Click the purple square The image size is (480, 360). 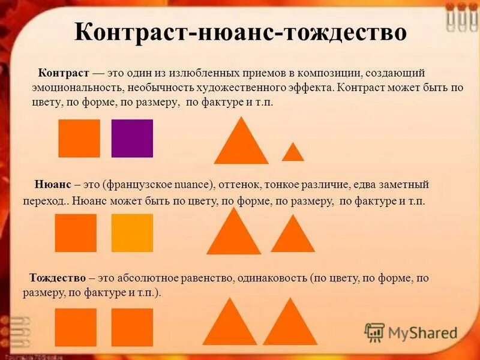132,139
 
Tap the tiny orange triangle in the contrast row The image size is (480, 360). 293,153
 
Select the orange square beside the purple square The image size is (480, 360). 79,139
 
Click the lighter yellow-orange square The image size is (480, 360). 132,233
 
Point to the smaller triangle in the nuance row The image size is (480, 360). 293,236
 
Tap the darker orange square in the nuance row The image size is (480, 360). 76,233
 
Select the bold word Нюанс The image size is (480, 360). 51,184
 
